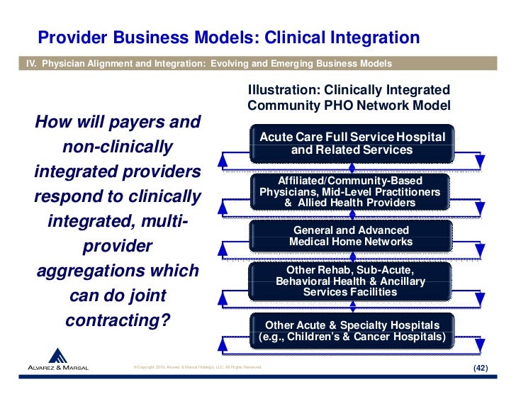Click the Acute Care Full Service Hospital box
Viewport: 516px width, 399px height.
(x=352, y=143)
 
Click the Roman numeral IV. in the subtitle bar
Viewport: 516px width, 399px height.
(x=30, y=64)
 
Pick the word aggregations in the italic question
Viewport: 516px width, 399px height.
(x=117, y=272)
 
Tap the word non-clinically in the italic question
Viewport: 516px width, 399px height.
(x=118, y=147)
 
